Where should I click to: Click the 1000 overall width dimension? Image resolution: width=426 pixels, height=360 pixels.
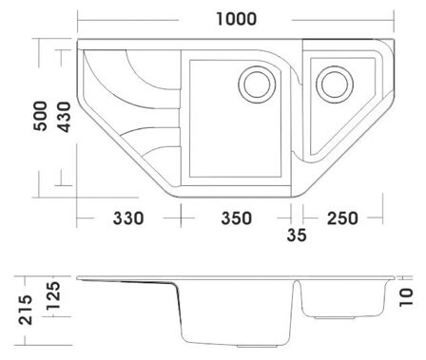tap(236, 19)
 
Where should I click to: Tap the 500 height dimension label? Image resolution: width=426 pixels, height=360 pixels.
tap(40, 116)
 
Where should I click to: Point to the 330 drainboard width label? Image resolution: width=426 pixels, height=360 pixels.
tap(128, 218)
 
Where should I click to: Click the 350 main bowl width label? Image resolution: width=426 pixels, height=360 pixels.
tap(237, 218)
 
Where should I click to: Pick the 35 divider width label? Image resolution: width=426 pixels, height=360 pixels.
tap(297, 235)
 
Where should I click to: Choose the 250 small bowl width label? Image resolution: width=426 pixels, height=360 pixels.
tap(342, 218)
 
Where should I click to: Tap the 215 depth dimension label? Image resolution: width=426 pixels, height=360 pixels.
tap(26, 310)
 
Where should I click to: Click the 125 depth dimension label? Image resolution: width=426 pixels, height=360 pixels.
tap(52, 296)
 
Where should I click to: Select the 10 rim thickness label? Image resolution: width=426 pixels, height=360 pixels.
tap(406, 297)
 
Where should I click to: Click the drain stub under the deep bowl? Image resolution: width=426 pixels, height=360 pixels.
tap(259, 346)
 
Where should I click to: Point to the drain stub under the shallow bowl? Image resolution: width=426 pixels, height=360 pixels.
tap(334, 317)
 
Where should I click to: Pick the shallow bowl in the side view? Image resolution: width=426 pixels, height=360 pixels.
tap(344, 298)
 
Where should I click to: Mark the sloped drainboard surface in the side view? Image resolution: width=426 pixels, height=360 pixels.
tap(126, 281)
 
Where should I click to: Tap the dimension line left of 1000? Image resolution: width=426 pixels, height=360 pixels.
tap(128, 20)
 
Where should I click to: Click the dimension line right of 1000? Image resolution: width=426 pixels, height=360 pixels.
tap(342, 20)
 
